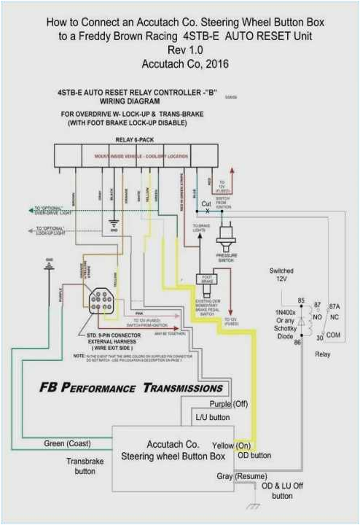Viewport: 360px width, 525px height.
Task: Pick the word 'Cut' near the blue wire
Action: click(x=207, y=204)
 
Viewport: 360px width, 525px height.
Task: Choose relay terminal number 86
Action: click(x=297, y=342)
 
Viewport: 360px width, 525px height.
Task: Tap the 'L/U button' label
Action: click(x=213, y=418)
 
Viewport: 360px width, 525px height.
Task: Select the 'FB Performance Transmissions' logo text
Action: click(x=131, y=388)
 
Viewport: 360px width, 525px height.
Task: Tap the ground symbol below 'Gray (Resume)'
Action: click(x=252, y=506)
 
